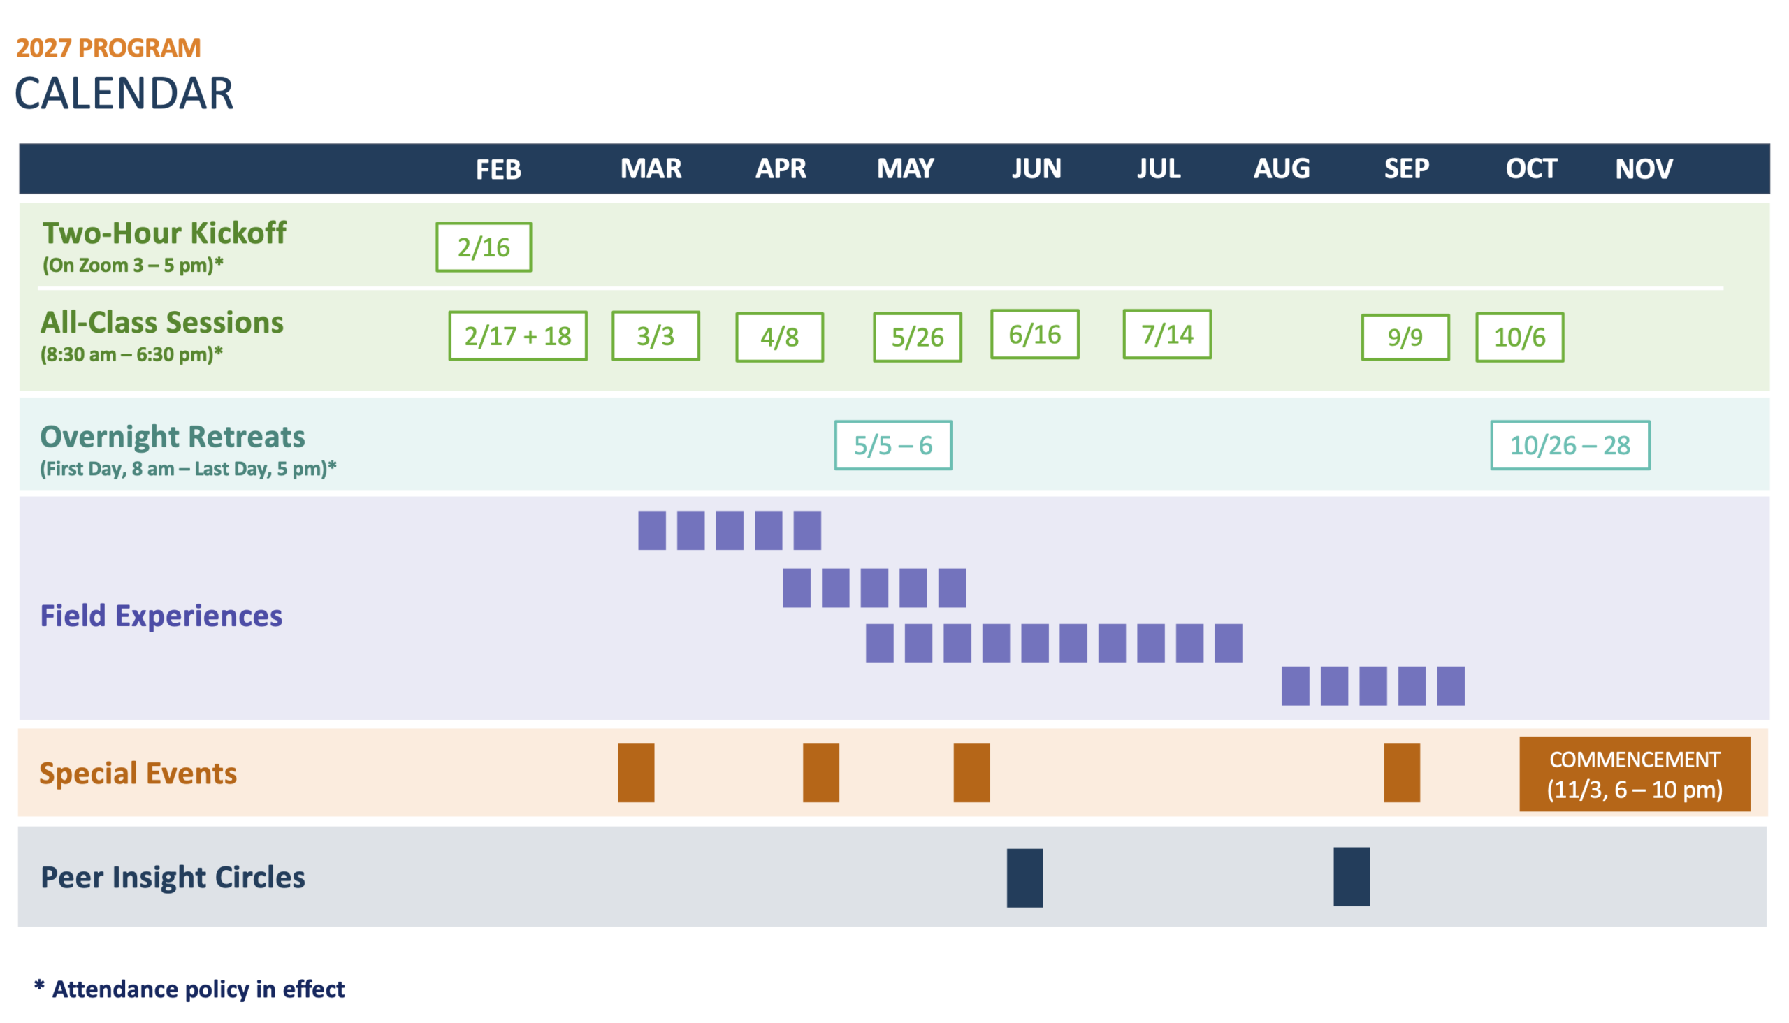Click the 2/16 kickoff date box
pos(484,247)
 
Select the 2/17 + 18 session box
pos(518,336)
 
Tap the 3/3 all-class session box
pos(656,336)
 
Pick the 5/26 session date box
pos(917,338)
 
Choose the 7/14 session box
pos(1167,335)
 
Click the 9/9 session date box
pos(1405,338)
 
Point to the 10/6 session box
pos(1520,338)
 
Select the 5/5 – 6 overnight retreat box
pos(893,445)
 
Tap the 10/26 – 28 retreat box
pos(1570,445)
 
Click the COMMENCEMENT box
pos(1635,774)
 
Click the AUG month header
pos(1282,168)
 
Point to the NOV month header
pos(1644,168)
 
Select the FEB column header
pos(498,169)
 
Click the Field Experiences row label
pos(161,616)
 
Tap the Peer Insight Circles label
pos(173,877)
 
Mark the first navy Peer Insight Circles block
pos(1024,878)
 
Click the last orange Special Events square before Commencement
pos(1402,773)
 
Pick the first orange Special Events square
pos(636,773)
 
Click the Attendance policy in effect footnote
pos(189,989)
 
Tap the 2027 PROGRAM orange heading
pos(109,48)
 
